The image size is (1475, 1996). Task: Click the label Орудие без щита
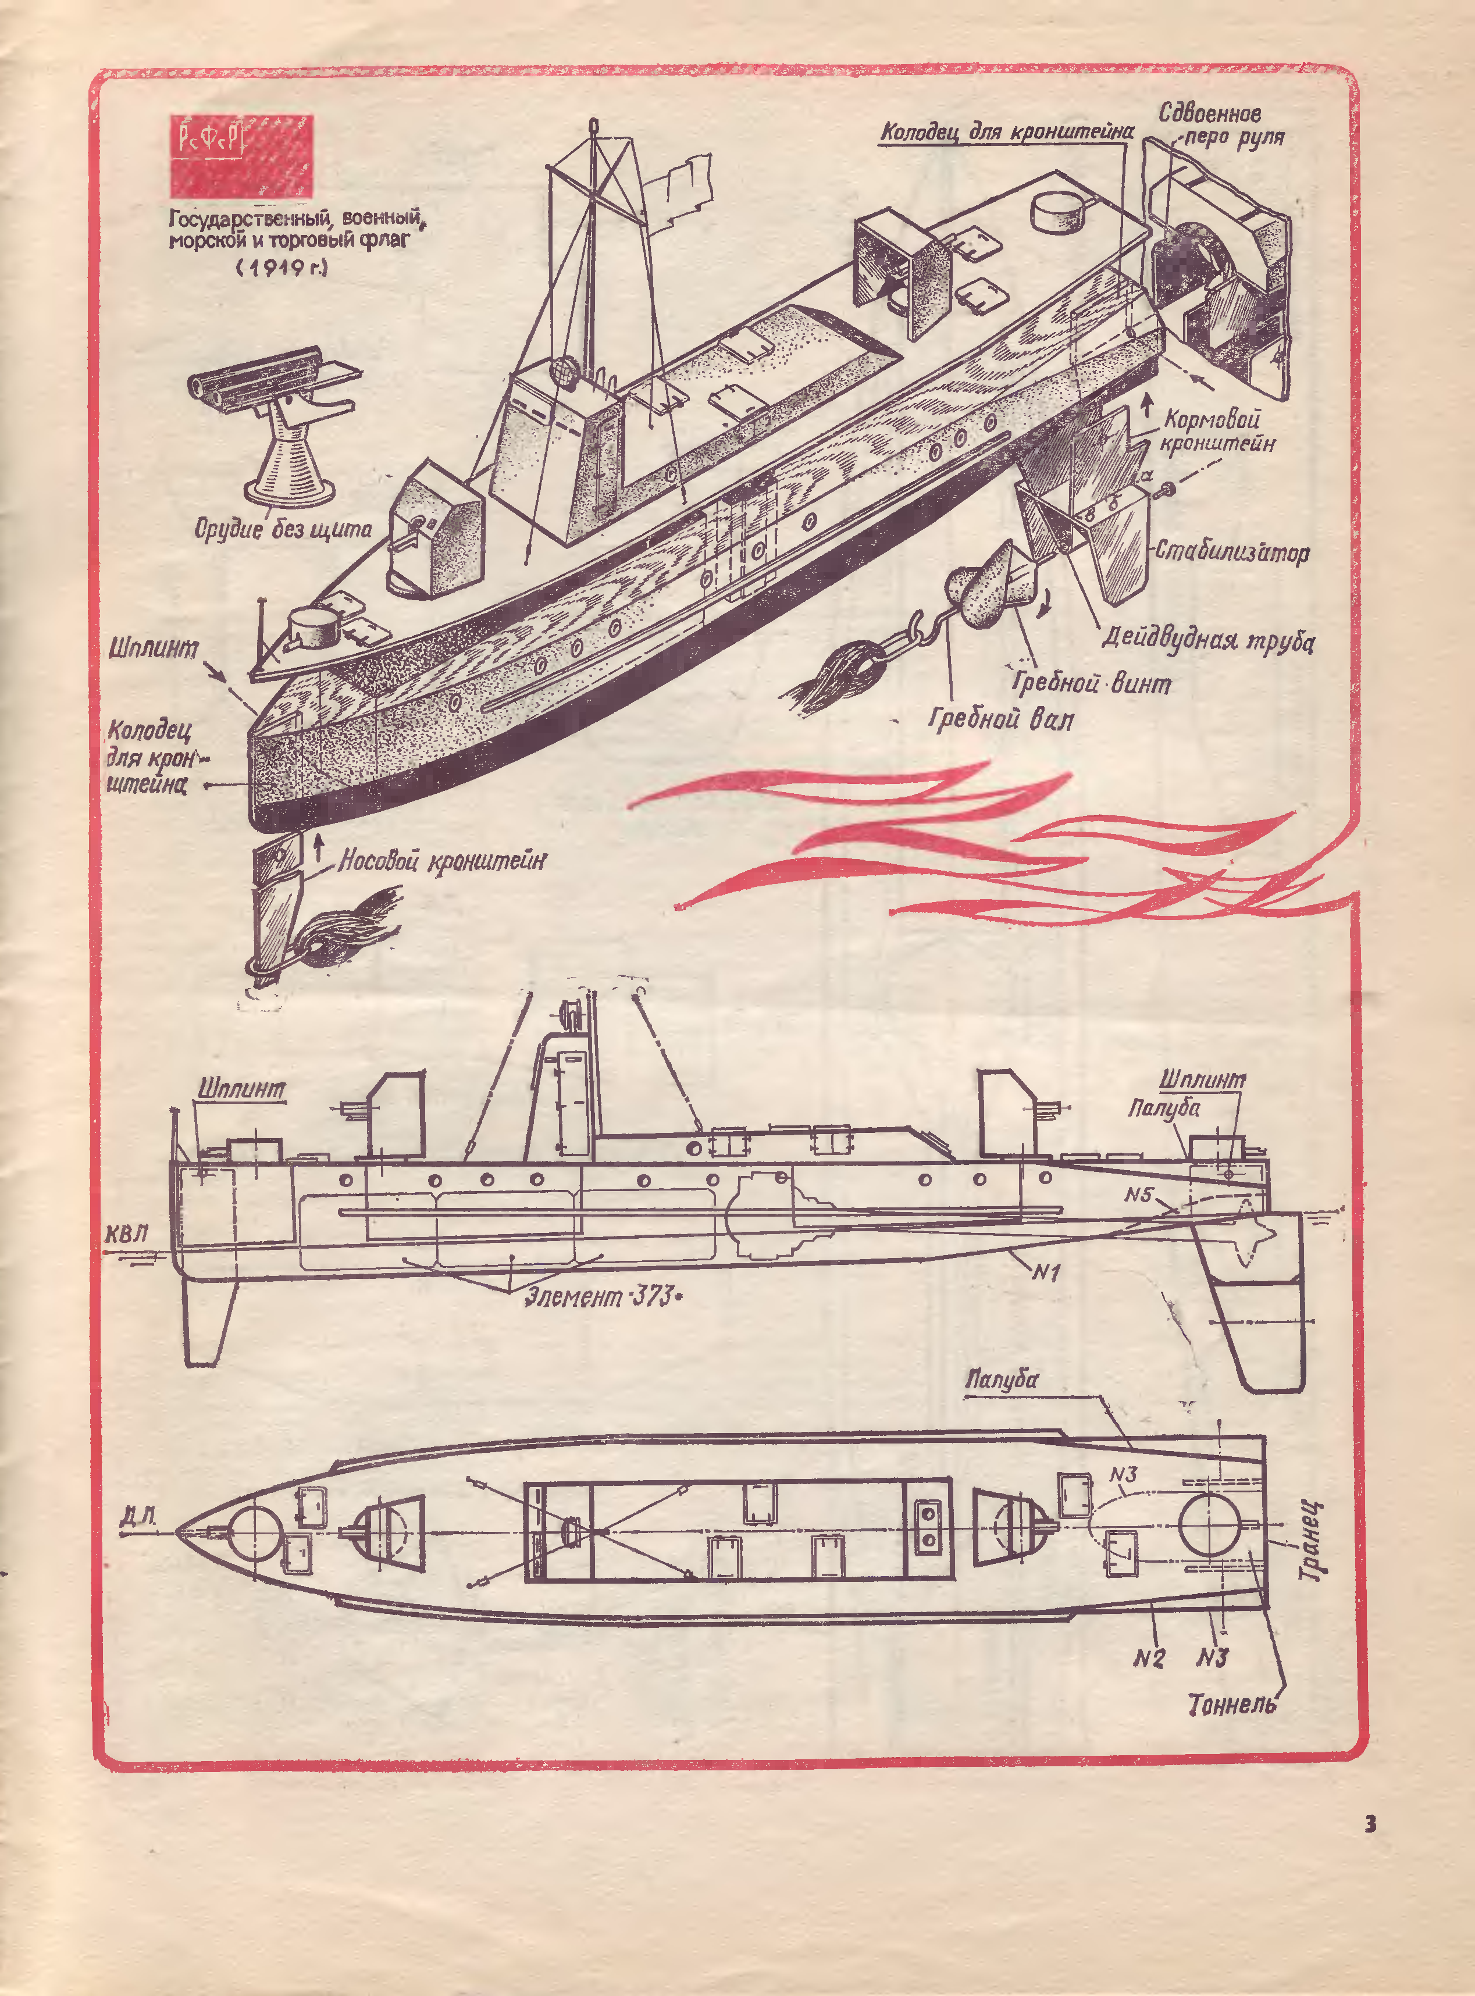click(283, 529)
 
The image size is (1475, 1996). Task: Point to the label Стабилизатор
click(1232, 552)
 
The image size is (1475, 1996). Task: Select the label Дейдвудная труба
click(1207, 639)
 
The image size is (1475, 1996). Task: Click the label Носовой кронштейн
click(443, 861)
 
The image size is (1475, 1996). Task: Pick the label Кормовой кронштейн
click(1216, 431)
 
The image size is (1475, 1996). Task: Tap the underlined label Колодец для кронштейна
click(1006, 132)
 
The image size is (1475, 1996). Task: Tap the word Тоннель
click(1231, 1705)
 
